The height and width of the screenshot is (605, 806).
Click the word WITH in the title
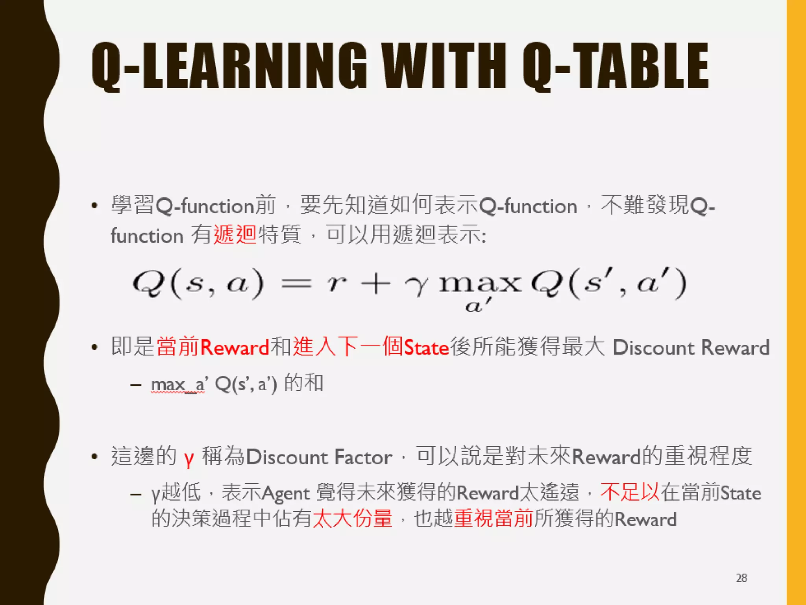click(444, 66)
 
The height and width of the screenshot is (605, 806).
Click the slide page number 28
click(741, 578)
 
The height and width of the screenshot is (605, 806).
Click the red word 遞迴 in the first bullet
click(235, 235)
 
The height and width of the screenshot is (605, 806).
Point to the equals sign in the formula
click(296, 284)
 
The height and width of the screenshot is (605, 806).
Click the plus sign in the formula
click(375, 284)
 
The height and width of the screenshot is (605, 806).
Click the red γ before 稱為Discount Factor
click(189, 458)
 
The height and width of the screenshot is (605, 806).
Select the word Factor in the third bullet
click(363, 457)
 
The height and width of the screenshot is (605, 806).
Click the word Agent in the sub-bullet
click(286, 494)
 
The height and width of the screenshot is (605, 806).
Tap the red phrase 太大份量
click(353, 518)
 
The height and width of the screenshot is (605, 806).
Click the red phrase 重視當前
click(494, 518)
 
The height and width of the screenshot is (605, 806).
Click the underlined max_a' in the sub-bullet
click(178, 384)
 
